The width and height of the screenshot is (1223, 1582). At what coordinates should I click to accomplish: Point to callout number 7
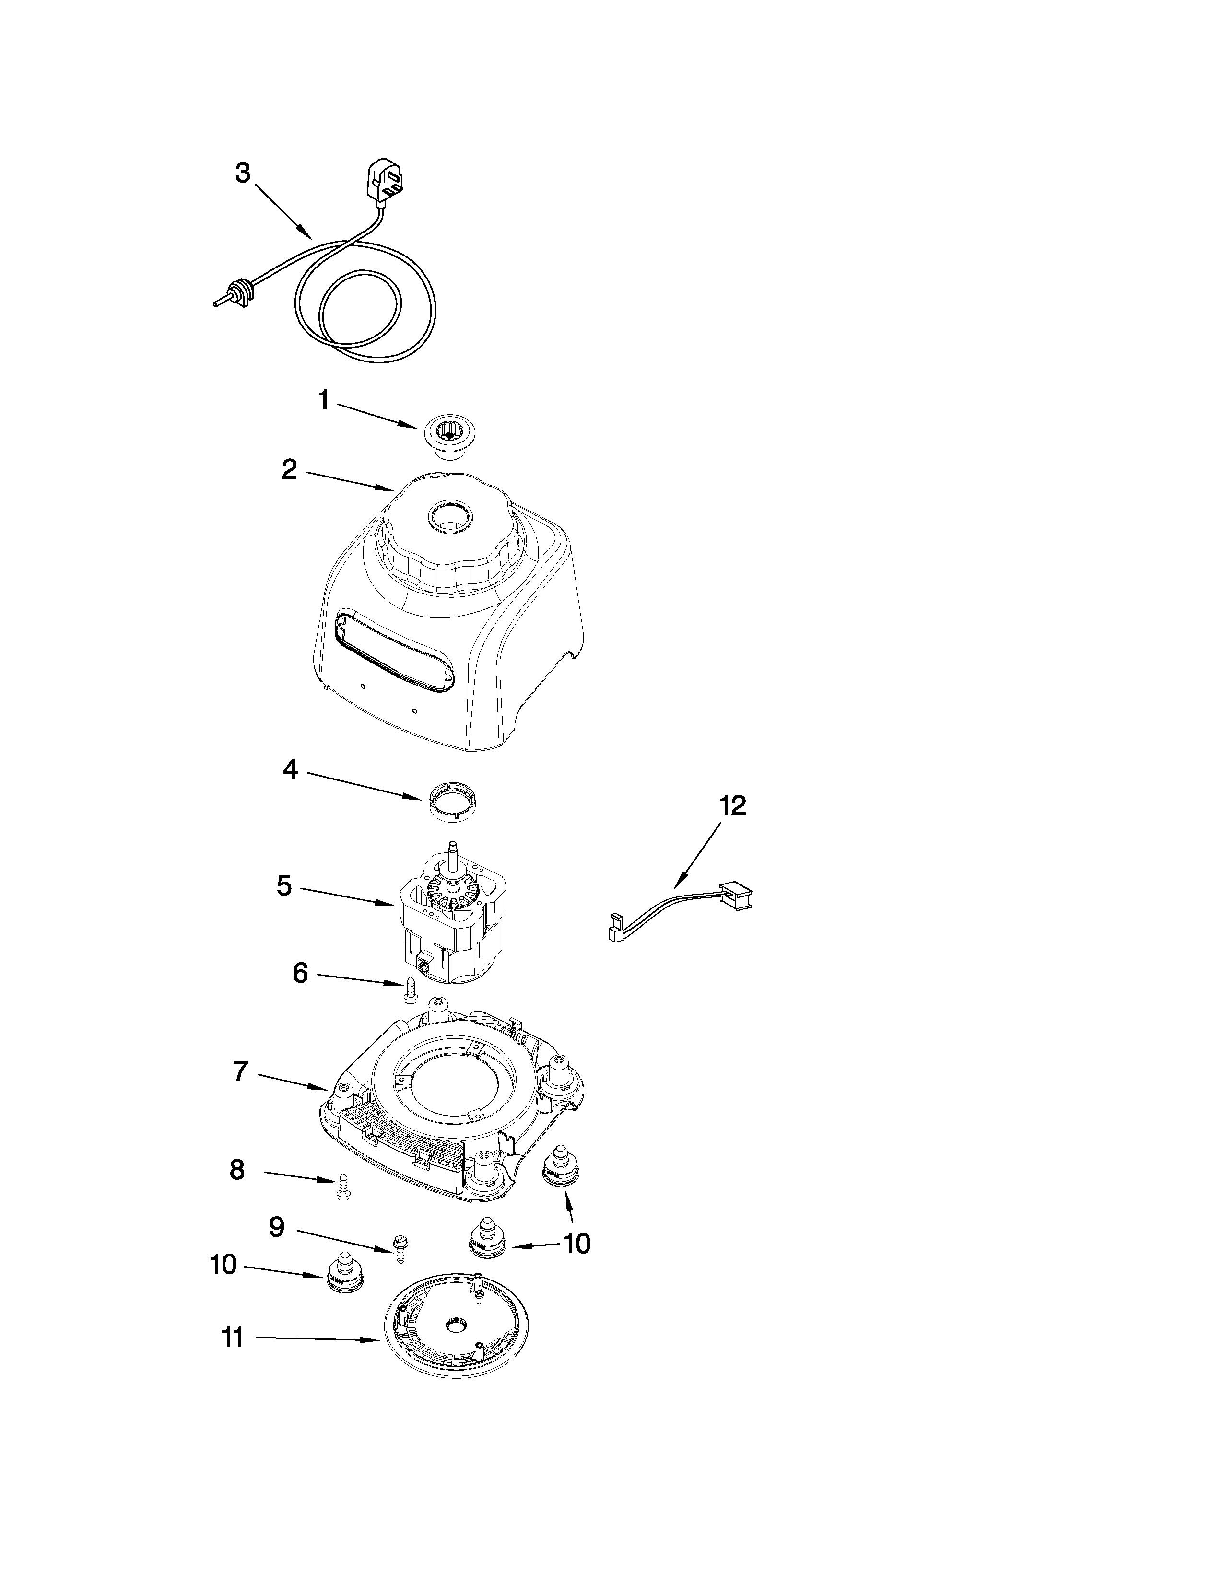click(x=241, y=1072)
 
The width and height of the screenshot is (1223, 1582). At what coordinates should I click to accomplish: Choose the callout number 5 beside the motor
click(x=284, y=886)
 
